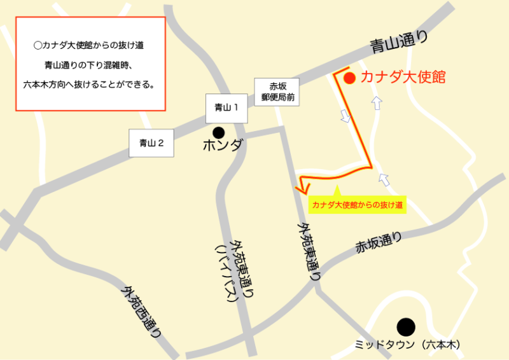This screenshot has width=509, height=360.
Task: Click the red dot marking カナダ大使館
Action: tap(349, 78)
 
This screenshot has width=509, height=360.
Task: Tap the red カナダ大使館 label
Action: tap(403, 78)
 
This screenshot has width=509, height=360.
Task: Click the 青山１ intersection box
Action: tap(227, 108)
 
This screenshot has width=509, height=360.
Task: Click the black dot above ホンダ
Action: tap(218, 132)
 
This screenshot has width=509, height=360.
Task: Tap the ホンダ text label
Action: tap(223, 146)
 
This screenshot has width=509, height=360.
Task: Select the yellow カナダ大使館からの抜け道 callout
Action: tap(357, 205)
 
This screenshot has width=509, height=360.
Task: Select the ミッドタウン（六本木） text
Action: tap(407, 345)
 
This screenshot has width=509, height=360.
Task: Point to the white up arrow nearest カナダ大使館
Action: tap(377, 102)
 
